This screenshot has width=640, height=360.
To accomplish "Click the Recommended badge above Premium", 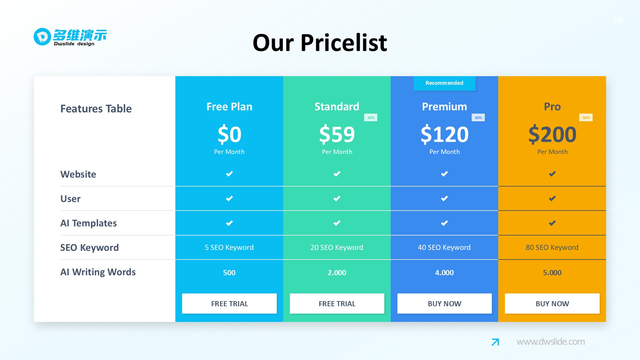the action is point(444,83).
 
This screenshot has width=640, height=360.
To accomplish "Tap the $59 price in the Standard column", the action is point(337,134).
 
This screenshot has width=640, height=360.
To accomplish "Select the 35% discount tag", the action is point(371,118).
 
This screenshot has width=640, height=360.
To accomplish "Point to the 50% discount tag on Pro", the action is point(586,118).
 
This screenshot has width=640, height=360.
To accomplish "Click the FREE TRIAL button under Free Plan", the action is point(229,303).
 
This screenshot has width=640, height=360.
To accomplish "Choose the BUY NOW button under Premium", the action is point(444,303).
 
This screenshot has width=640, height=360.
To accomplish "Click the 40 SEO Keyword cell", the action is point(444,247).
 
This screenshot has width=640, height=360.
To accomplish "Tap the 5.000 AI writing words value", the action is point(552,273).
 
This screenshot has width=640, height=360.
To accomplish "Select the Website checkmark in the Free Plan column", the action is point(229,174).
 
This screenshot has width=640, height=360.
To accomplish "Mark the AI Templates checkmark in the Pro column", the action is point(552,223).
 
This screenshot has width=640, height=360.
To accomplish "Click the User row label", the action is point(70,199).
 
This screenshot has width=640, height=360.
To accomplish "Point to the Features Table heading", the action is point(96,109).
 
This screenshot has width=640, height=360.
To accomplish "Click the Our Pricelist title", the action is point(320,43).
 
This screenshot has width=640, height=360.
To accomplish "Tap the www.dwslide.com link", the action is point(551,342).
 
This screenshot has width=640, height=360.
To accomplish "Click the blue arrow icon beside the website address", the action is point(495,342).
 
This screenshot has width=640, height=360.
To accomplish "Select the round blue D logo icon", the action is point(42,37).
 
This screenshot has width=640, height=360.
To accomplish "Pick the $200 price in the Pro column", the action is point(552,134).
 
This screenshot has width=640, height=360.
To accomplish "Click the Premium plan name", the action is point(444,107).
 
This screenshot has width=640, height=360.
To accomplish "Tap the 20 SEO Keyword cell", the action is point(337,247).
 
